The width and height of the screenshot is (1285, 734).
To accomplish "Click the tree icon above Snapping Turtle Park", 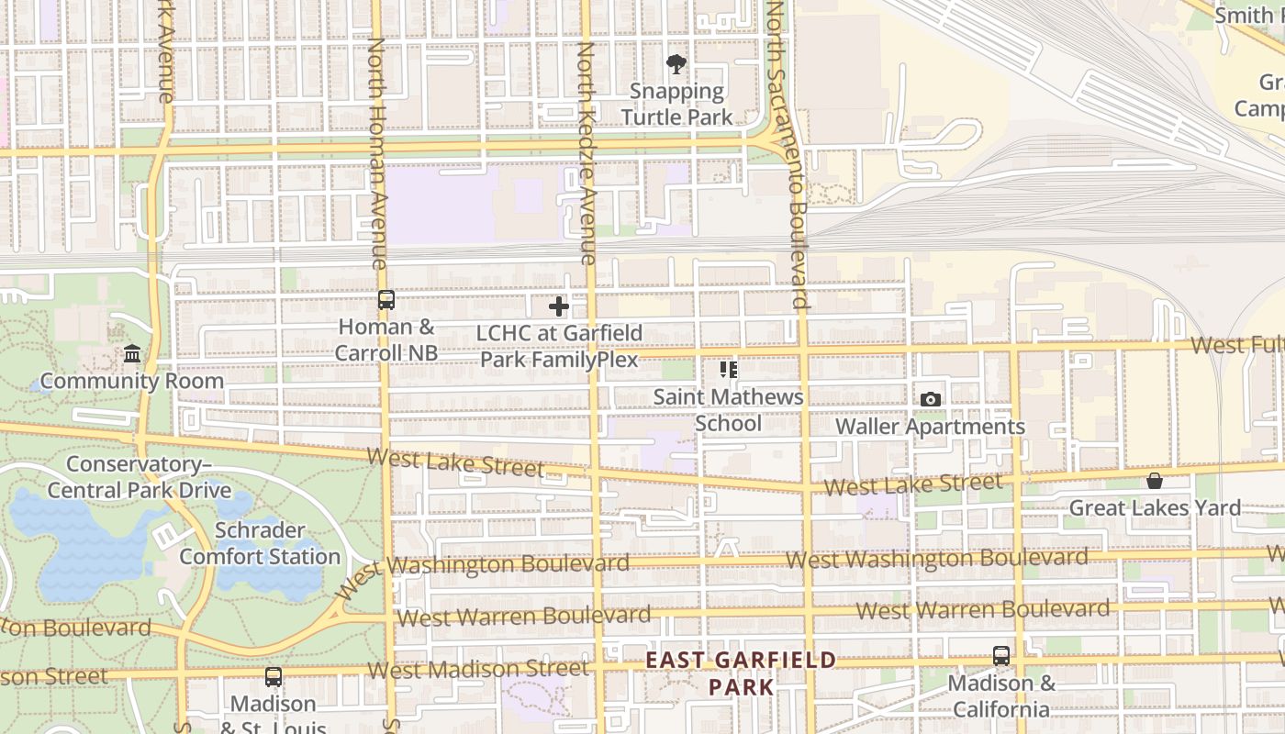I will point(676,64).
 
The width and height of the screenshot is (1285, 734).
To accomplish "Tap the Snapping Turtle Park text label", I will point(677,105).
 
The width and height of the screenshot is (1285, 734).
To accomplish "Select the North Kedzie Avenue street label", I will point(587,151).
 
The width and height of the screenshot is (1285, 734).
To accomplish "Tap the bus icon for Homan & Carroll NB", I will point(386,300).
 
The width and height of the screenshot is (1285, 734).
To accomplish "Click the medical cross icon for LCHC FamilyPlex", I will point(559,306).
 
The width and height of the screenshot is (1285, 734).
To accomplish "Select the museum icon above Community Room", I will point(132,354).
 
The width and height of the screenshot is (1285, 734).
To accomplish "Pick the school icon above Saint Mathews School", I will point(729,370).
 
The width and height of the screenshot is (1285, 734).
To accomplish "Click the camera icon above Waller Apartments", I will point(931,399).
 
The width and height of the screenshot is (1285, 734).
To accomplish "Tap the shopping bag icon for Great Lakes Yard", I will point(1155,481).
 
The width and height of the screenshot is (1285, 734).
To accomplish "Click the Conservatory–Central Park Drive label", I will point(140,477).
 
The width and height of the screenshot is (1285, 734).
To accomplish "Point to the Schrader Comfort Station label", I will point(260,543).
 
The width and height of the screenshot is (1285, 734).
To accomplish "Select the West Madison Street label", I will point(477,670).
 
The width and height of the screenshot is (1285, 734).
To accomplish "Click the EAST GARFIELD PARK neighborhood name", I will point(742,673).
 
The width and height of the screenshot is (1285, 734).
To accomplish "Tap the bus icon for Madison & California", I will point(1001,657).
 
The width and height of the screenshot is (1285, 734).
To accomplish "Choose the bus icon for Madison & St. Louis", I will point(274,677).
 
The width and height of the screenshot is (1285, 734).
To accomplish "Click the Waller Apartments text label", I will point(930,427).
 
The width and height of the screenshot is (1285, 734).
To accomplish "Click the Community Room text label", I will point(131,381).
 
